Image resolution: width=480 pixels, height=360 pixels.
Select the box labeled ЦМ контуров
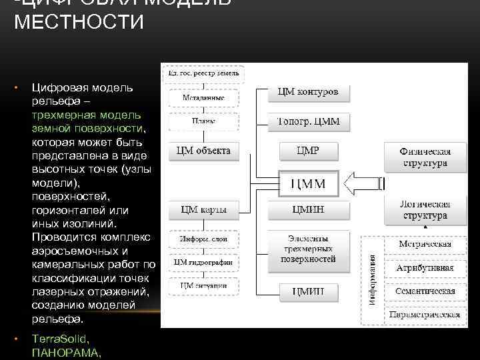tap(308, 92)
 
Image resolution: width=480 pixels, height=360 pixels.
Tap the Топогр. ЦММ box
tap(308, 121)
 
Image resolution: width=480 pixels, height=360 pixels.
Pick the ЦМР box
tap(308, 151)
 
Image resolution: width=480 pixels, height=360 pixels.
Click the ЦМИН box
tap(308, 210)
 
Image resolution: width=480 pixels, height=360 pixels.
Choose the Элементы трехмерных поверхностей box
tap(308, 251)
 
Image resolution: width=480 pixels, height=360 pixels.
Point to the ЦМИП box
tap(308, 291)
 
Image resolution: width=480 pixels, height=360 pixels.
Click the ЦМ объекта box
tap(203, 151)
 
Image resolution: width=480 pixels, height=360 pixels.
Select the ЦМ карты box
tap(203, 210)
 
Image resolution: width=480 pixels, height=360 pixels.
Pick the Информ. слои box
tap(203, 239)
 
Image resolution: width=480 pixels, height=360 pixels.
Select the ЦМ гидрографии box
tap(203, 262)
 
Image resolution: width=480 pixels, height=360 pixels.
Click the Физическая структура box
tap(425, 157)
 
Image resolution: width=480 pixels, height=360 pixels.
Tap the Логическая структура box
tap(425, 210)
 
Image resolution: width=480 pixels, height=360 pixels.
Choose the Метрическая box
tap(425, 244)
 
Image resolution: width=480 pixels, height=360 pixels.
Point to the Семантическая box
tap(425, 291)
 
